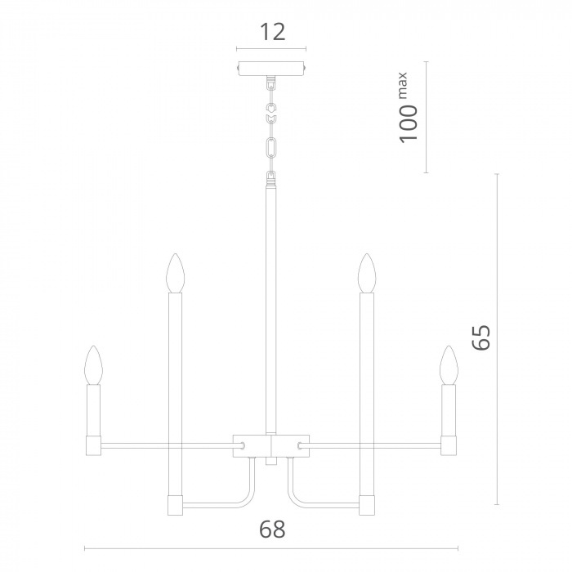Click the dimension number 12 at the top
(x=272, y=32)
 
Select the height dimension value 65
(x=481, y=337)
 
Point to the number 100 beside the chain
(x=409, y=124)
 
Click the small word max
(x=402, y=86)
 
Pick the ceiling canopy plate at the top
(x=271, y=69)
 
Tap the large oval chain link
(x=271, y=148)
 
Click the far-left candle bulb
(x=93, y=364)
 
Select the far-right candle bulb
(x=449, y=364)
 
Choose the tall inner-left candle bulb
(x=175, y=273)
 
